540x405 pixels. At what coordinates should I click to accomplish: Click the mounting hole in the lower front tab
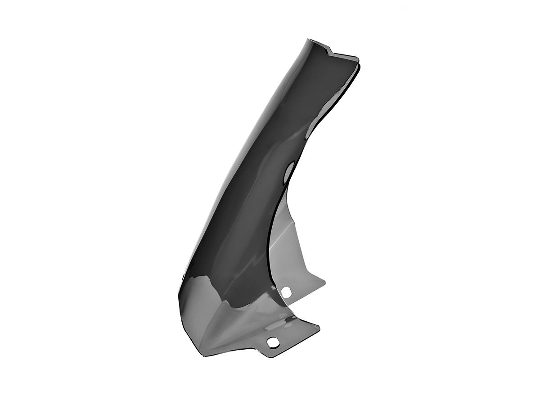point(272,342)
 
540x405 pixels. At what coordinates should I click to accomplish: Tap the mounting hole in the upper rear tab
point(286,292)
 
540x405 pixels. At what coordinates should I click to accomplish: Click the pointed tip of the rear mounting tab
point(324,283)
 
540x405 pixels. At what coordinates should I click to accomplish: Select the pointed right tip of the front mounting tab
point(319,327)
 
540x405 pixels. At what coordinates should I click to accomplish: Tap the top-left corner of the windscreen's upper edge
point(310,39)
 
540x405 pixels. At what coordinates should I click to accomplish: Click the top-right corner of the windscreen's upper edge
point(358,58)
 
